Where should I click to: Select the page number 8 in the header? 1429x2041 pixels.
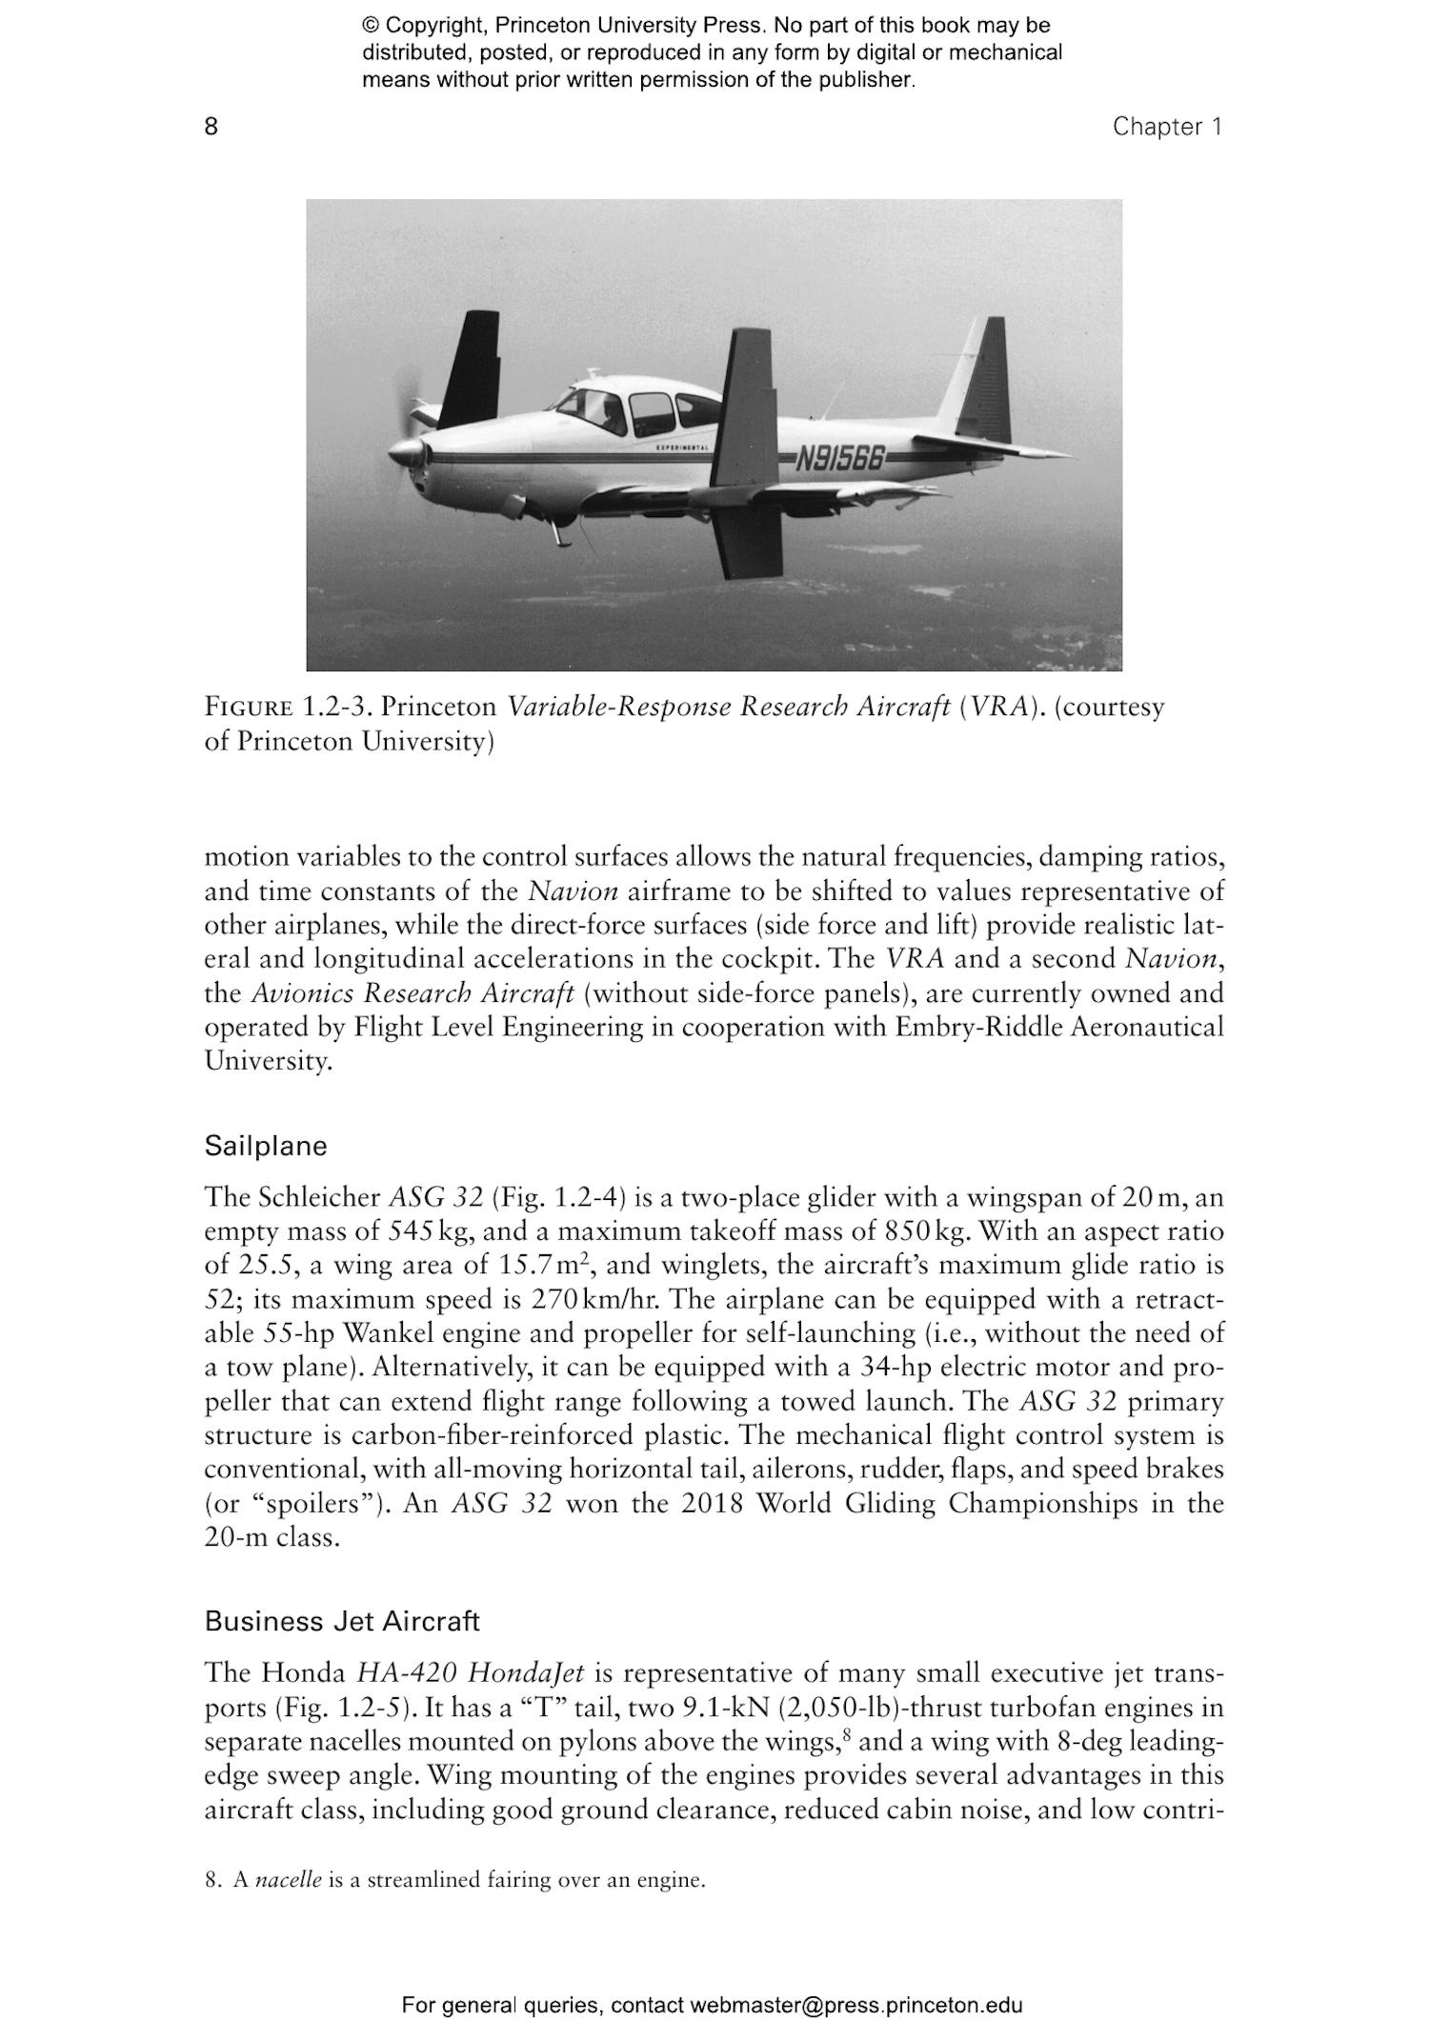211,127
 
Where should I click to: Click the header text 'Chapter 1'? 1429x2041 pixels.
1166,127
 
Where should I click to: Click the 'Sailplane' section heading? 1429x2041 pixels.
265,1146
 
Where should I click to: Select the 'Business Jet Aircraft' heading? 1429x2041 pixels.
341,1621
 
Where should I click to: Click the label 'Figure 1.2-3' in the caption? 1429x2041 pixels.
291,707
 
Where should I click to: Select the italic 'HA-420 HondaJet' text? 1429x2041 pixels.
471,1673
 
